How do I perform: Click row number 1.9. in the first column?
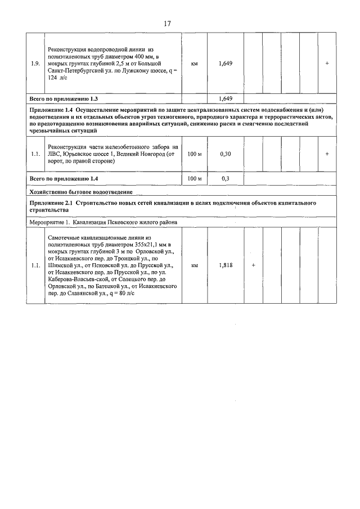35,64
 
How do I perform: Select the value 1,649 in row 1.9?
225,64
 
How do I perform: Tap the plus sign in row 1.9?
327,64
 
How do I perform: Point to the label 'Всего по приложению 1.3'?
64,98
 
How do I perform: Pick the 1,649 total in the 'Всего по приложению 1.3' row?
225,98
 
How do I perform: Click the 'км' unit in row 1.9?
195,64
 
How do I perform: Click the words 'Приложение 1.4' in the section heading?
51,108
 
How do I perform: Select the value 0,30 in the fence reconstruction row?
225,154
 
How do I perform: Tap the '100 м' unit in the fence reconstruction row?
195,154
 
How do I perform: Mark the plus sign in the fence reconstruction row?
327,154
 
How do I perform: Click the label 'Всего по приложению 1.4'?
64,179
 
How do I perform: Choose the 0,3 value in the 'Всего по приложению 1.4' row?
225,179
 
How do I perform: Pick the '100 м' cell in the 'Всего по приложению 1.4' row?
195,179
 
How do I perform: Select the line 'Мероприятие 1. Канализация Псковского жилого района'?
103,222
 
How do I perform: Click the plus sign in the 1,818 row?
253,265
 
